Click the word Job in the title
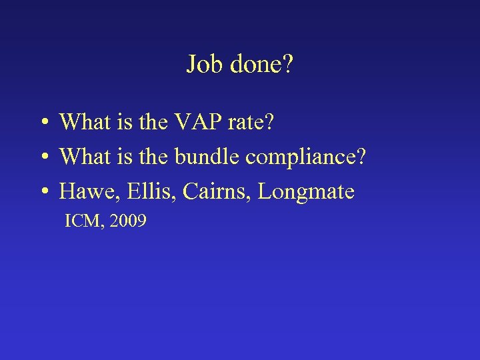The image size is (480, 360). point(205,65)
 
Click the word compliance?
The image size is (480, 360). point(306,158)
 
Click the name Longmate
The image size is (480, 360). point(306,193)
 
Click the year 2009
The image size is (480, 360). point(128,221)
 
